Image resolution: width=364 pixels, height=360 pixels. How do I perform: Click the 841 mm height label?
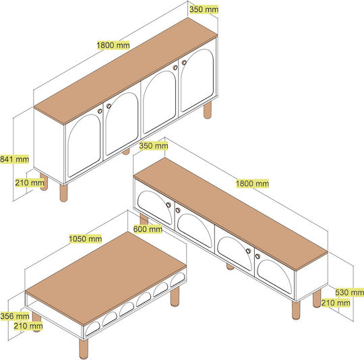pyautogui.click(x=14, y=159)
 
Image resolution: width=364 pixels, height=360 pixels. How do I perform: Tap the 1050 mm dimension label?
pyautogui.click(x=86, y=239)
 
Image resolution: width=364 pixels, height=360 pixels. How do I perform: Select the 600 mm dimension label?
pyautogui.click(x=148, y=229)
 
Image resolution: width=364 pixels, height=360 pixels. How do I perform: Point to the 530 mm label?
pyautogui.click(x=349, y=293)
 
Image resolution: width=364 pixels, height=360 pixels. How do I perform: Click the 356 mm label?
pyautogui.click(x=15, y=316)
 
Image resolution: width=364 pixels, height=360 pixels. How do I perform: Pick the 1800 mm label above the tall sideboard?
pyautogui.click(x=113, y=45)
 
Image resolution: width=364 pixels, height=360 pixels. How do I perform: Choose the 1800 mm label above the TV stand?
pyautogui.click(x=252, y=183)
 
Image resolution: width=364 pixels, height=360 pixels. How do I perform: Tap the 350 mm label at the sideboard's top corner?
pyautogui.click(x=204, y=9)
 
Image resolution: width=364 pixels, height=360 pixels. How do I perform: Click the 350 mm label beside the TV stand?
pyautogui.click(x=154, y=146)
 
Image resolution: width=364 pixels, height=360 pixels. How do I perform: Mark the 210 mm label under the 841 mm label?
pyautogui.click(x=30, y=183)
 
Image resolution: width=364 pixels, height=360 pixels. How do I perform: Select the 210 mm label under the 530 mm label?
pyautogui.click(x=336, y=303)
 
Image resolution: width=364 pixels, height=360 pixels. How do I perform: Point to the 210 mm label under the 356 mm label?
pyautogui.click(x=28, y=326)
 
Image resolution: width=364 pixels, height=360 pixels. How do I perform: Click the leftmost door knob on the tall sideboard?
pyautogui.click(x=100, y=111)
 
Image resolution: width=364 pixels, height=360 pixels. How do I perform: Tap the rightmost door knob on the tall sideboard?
pyautogui.click(x=184, y=63)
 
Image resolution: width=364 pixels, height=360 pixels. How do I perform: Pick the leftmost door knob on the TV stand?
pyautogui.click(x=169, y=205)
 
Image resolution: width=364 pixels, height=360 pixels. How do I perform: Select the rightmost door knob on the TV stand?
pyautogui.click(x=257, y=256)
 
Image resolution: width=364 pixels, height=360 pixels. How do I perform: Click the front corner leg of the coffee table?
pyautogui.click(x=84, y=349)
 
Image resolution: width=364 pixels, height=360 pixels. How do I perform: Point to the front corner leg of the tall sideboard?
pyautogui.click(x=63, y=193)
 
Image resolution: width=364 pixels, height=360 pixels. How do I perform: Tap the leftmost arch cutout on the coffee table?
pyautogui.click(x=92, y=328)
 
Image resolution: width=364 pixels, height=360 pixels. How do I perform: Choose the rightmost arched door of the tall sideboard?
pyautogui.click(x=198, y=80)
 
